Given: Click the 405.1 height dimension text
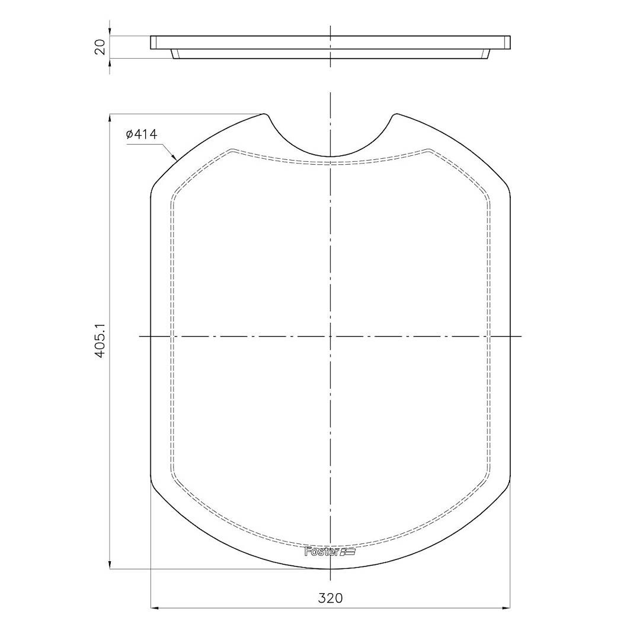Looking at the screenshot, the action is [x=100, y=341].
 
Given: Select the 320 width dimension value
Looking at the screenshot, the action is [x=330, y=598].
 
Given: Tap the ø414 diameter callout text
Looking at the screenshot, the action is [x=142, y=135].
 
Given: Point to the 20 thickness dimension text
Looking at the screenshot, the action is [x=100, y=47].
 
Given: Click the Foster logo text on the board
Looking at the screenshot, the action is [x=322, y=552].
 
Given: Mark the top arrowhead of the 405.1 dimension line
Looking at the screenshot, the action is [x=110, y=117].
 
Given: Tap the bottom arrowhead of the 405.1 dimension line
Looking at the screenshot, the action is [x=110, y=565].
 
